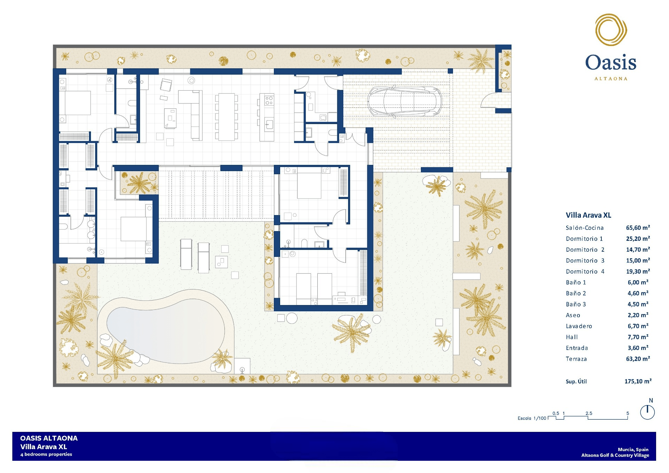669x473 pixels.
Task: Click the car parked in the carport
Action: click(404, 101)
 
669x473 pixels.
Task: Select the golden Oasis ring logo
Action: click(611, 30)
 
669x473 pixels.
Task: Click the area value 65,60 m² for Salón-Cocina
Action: click(638, 228)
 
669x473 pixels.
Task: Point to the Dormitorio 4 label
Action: click(585, 271)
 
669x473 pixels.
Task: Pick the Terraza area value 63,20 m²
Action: click(638, 359)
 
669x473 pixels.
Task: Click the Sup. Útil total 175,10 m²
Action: click(638, 381)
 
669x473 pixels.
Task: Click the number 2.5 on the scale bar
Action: click(589, 413)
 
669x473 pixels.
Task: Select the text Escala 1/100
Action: click(532, 418)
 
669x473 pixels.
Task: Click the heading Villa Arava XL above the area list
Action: click(589, 215)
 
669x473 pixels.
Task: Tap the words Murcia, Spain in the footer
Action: click(633, 450)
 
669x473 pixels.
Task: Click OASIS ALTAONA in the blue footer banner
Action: click(49, 438)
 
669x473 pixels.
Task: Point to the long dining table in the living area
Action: click(226, 117)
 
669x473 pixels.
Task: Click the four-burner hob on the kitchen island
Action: click(269, 101)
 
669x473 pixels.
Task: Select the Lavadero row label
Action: click(579, 326)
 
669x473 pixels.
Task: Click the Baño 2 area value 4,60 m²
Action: click(638, 293)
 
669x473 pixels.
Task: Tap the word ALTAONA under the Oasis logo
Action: click(611, 79)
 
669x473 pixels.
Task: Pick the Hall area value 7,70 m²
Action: click(638, 337)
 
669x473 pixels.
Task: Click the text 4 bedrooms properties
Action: click(46, 455)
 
